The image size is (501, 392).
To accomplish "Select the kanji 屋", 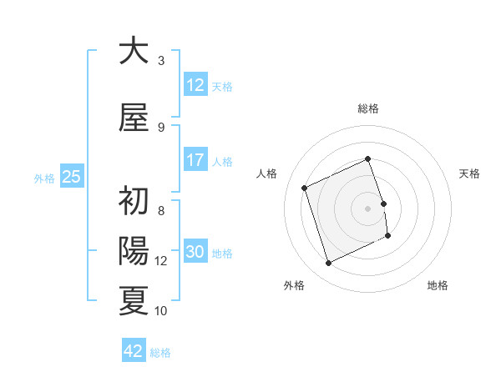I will (134, 118).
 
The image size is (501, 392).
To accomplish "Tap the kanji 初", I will (134, 202).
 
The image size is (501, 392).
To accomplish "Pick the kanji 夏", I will (134, 300).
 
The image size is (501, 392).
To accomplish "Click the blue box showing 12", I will (195, 85).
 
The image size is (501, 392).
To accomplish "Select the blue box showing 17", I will (195, 160).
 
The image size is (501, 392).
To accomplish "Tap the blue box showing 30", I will (195, 253).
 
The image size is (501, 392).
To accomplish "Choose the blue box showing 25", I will (72, 176).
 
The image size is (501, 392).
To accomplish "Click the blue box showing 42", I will (134, 351).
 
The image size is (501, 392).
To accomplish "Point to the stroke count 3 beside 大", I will (161, 61).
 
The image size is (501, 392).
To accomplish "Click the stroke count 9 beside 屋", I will (161, 128).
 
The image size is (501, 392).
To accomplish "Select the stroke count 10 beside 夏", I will (161, 310).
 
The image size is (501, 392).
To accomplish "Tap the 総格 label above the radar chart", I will (368, 108).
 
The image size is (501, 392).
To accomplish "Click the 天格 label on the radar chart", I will (469, 173).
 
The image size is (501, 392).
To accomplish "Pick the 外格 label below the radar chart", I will (294, 285).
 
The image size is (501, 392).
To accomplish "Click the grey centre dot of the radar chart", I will (368, 208).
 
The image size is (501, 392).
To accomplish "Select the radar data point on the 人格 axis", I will (306, 187).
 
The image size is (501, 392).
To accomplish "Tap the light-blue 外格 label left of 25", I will (44, 177).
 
